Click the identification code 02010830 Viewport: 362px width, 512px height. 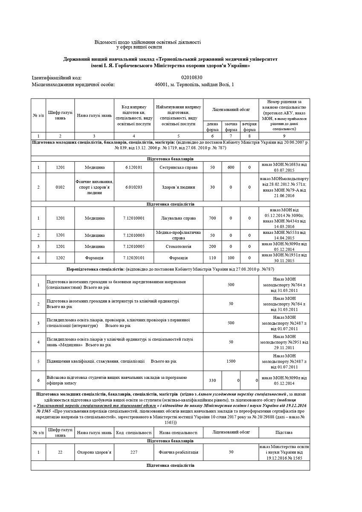point(192,78)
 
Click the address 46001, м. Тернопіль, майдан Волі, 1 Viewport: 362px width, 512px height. point(194,84)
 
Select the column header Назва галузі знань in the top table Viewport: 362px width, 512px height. point(94,115)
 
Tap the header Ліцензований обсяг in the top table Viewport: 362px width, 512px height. point(231,110)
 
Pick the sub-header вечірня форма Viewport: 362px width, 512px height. point(249,127)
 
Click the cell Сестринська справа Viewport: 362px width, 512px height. point(178,167)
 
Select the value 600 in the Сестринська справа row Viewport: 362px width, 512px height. point(231,167)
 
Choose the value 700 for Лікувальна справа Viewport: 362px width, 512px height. point(212,218)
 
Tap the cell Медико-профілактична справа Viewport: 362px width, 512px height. point(178,235)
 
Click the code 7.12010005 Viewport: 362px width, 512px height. point(134,246)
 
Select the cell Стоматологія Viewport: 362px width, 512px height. point(178,246)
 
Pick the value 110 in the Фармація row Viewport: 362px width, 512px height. point(212,258)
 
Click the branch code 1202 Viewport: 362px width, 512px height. point(60,258)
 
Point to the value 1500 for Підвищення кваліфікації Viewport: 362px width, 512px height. point(231,361)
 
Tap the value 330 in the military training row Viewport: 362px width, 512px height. point(212,380)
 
